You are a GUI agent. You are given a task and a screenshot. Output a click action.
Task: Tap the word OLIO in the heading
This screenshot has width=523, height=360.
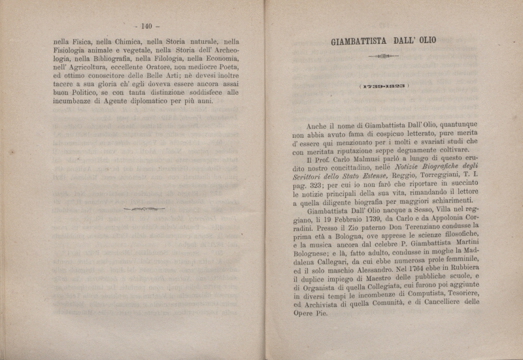424,40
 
